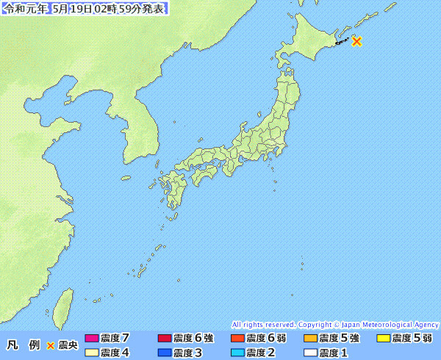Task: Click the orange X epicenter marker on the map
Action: [357, 41]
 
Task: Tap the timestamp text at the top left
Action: [85, 10]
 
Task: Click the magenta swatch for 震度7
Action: [92, 339]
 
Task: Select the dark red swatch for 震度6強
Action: [165, 339]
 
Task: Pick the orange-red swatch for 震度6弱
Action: [237, 339]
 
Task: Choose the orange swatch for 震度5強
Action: [310, 339]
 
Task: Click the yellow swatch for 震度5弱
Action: [383, 339]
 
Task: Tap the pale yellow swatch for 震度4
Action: [92, 353]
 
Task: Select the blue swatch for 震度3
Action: [165, 353]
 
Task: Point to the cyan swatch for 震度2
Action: [237, 353]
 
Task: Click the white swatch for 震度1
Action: [310, 353]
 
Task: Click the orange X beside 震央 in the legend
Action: [51, 345]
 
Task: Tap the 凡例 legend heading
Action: [23, 345]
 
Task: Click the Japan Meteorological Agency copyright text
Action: [335, 324]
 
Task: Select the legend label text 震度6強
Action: [193, 339]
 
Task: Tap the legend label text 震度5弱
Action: [412, 339]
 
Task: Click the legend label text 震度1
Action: [334, 353]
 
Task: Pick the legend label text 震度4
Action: [115, 353]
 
